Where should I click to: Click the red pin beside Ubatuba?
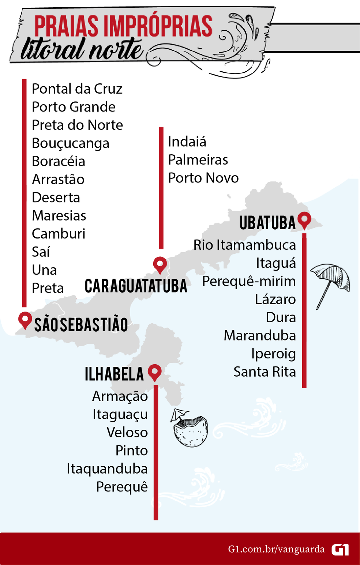pyautogui.click(x=304, y=220)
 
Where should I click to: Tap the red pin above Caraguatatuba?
pyautogui.click(x=160, y=264)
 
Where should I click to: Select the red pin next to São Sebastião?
pyautogui.click(x=25, y=320)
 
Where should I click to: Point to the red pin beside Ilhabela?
pyautogui.click(x=155, y=372)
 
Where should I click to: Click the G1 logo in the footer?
pyautogui.click(x=340, y=550)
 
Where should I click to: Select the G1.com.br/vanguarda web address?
pyautogui.click(x=276, y=549)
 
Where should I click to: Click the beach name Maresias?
pyautogui.click(x=59, y=216)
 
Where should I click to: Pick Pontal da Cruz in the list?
pyautogui.click(x=77, y=89)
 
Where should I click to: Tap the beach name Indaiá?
pyautogui.click(x=187, y=142)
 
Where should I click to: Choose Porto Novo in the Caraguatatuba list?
pyautogui.click(x=203, y=178)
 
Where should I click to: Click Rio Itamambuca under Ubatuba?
pyautogui.click(x=244, y=245)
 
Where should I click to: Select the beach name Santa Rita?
pyautogui.click(x=265, y=372)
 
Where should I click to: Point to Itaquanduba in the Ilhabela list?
pyautogui.click(x=107, y=469)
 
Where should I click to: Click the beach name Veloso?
pyautogui.click(x=127, y=433)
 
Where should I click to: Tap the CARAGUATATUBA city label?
pyautogui.click(x=136, y=286)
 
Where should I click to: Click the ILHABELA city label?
pyautogui.click(x=114, y=374)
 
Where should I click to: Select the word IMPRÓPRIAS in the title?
pyautogui.click(x=158, y=26)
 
